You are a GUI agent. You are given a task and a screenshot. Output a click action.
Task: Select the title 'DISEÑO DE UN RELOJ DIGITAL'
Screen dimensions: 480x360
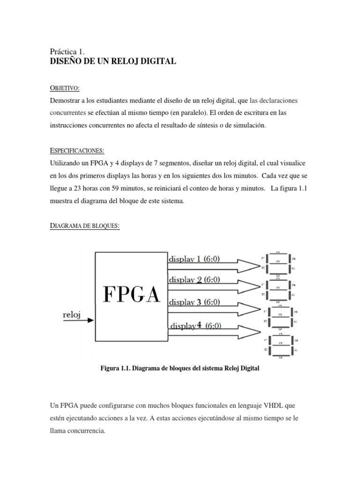point(112,61)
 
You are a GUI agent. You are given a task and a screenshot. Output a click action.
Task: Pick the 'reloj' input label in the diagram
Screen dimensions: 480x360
point(72,315)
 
